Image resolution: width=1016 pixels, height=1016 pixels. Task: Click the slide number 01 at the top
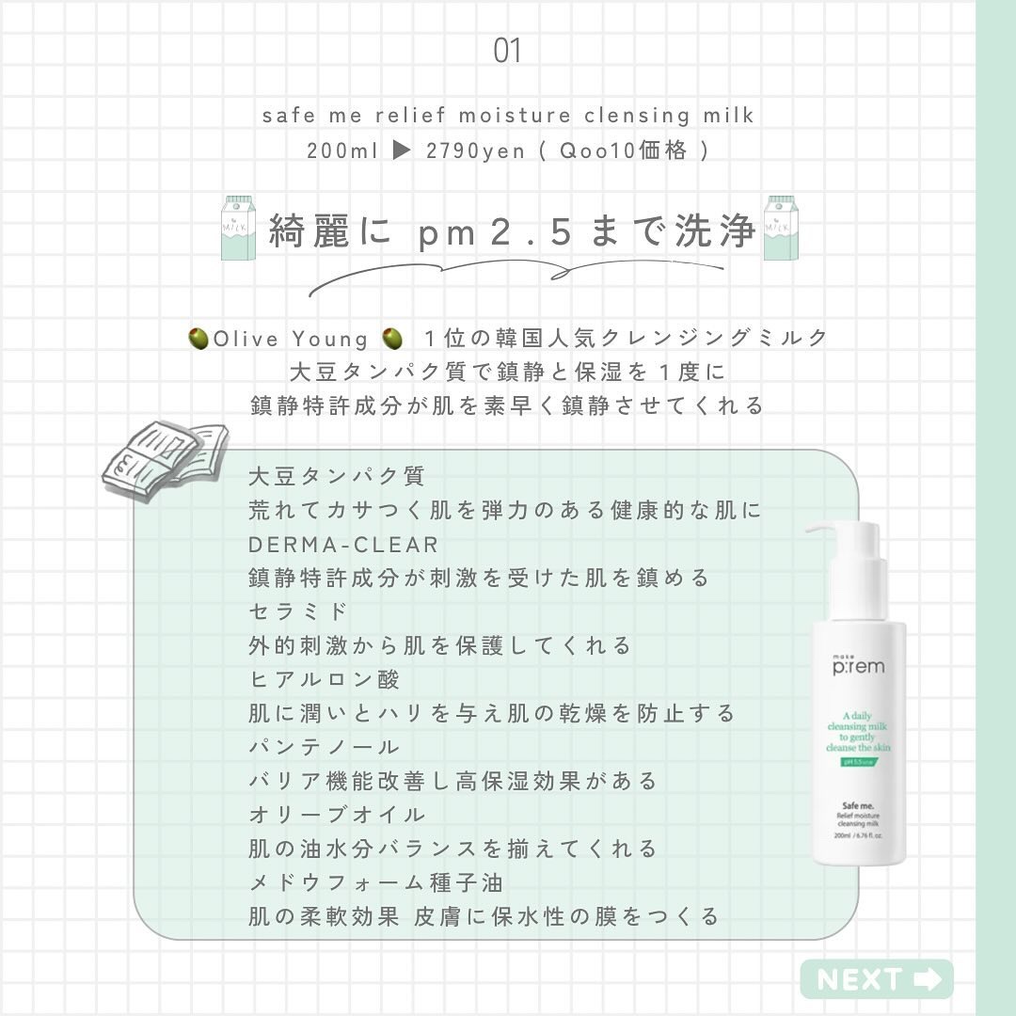click(x=507, y=52)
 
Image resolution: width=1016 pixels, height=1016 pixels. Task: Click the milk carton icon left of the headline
click(x=236, y=229)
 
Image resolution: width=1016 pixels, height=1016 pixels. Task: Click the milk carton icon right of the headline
click(x=780, y=229)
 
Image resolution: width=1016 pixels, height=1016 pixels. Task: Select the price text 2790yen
click(x=476, y=151)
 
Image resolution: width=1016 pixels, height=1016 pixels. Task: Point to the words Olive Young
click(x=291, y=338)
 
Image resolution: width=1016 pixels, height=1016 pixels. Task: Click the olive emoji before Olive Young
click(x=198, y=338)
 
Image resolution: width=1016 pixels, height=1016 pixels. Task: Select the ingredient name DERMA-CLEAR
click(x=343, y=545)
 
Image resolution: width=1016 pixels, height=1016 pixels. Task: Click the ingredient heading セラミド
click(x=298, y=611)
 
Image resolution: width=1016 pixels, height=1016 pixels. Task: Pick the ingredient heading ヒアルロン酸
click(x=325, y=679)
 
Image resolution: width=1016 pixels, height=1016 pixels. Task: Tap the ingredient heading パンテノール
click(x=325, y=747)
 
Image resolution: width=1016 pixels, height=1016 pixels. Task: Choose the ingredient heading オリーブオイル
click(x=337, y=815)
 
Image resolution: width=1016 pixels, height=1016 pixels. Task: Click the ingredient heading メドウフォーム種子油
click(x=375, y=882)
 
